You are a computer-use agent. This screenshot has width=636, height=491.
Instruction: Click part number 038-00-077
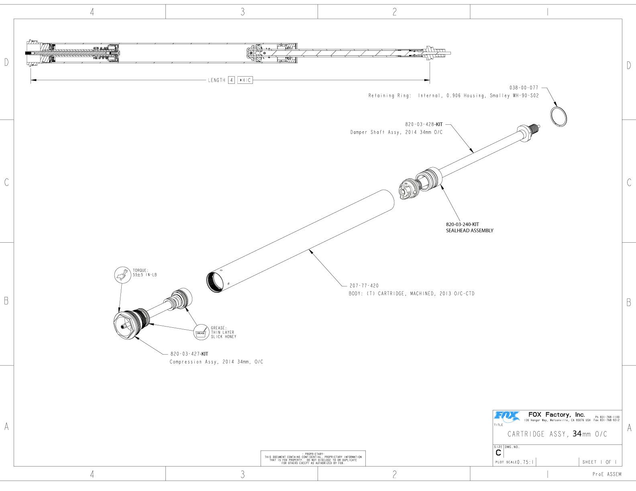524,87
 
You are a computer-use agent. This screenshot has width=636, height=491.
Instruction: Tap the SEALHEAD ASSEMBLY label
469,231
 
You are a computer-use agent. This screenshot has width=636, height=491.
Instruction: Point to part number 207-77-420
364,286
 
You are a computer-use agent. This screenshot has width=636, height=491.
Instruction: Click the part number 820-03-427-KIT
189,354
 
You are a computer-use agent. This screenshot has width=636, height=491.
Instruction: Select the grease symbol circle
200,332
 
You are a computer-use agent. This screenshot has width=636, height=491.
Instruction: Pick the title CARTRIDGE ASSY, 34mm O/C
557,434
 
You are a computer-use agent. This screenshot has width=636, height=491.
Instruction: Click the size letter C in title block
498,453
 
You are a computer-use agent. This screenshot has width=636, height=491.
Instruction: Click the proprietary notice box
313,458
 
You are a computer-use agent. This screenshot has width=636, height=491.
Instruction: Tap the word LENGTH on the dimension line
216,80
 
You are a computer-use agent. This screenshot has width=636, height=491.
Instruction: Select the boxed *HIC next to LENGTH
245,80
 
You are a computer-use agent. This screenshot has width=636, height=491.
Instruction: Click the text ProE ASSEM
607,475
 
